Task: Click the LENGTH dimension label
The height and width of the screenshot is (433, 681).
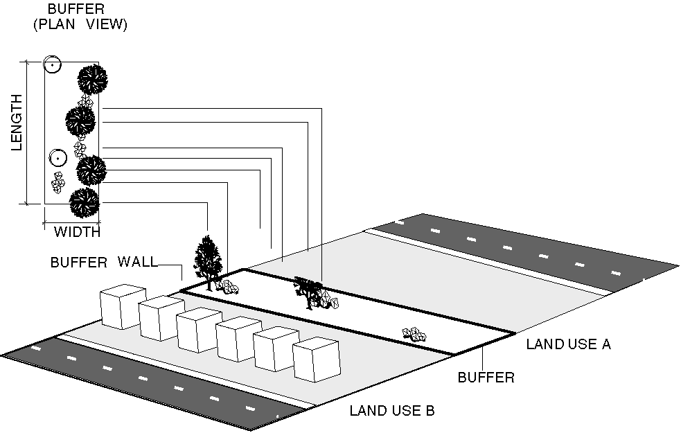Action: [17, 122]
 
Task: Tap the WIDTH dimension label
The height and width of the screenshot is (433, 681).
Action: [77, 231]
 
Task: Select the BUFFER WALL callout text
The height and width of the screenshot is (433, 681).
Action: [104, 263]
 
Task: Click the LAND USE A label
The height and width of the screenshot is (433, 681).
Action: [568, 344]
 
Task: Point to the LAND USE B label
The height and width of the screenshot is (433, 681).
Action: [391, 410]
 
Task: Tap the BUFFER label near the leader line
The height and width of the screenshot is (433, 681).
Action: [486, 378]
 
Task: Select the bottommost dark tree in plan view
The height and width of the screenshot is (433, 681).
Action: [85, 202]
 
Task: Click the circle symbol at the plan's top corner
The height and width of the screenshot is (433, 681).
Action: [52, 64]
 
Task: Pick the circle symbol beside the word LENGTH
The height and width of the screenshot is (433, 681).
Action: [58, 158]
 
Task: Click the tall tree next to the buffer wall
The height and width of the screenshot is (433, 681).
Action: [207, 260]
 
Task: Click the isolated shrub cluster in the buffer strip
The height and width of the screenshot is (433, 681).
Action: [415, 335]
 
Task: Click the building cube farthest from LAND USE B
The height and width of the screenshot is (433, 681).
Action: [121, 308]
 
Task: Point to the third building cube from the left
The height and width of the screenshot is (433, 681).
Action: [199, 330]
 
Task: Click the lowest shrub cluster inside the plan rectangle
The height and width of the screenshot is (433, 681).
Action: [58, 182]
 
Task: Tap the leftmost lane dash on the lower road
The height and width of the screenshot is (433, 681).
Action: [35, 348]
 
